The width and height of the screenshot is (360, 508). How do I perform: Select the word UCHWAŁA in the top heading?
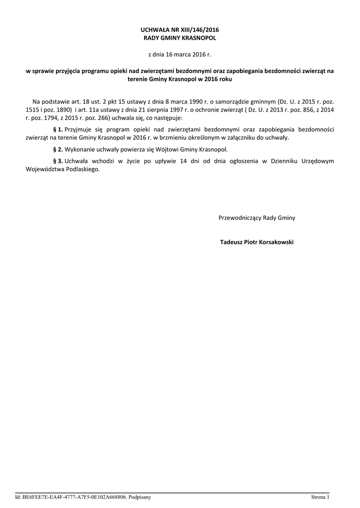point(156,30)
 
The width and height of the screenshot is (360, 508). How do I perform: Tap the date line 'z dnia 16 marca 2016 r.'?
point(180,54)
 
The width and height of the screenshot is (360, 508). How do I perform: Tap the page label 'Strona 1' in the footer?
point(320,497)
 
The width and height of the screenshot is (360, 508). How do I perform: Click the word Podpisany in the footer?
point(140,497)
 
